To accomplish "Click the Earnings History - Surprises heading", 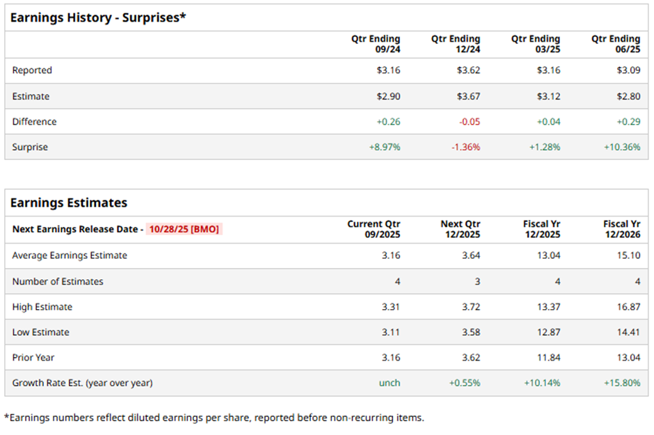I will (x=98, y=17).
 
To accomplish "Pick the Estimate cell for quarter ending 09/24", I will (x=388, y=96).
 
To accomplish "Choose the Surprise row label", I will (x=30, y=148).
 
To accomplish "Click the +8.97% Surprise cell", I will (x=385, y=148).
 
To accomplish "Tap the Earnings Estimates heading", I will (x=69, y=203).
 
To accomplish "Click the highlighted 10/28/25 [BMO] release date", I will (x=184, y=229).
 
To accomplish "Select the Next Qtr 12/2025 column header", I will (x=460, y=229).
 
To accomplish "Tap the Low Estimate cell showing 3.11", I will (x=391, y=332).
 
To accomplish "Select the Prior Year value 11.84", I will (x=548, y=358).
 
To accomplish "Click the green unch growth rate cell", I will (x=390, y=383).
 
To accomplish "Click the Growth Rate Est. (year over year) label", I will (x=82, y=383).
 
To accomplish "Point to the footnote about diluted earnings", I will (x=214, y=418).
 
